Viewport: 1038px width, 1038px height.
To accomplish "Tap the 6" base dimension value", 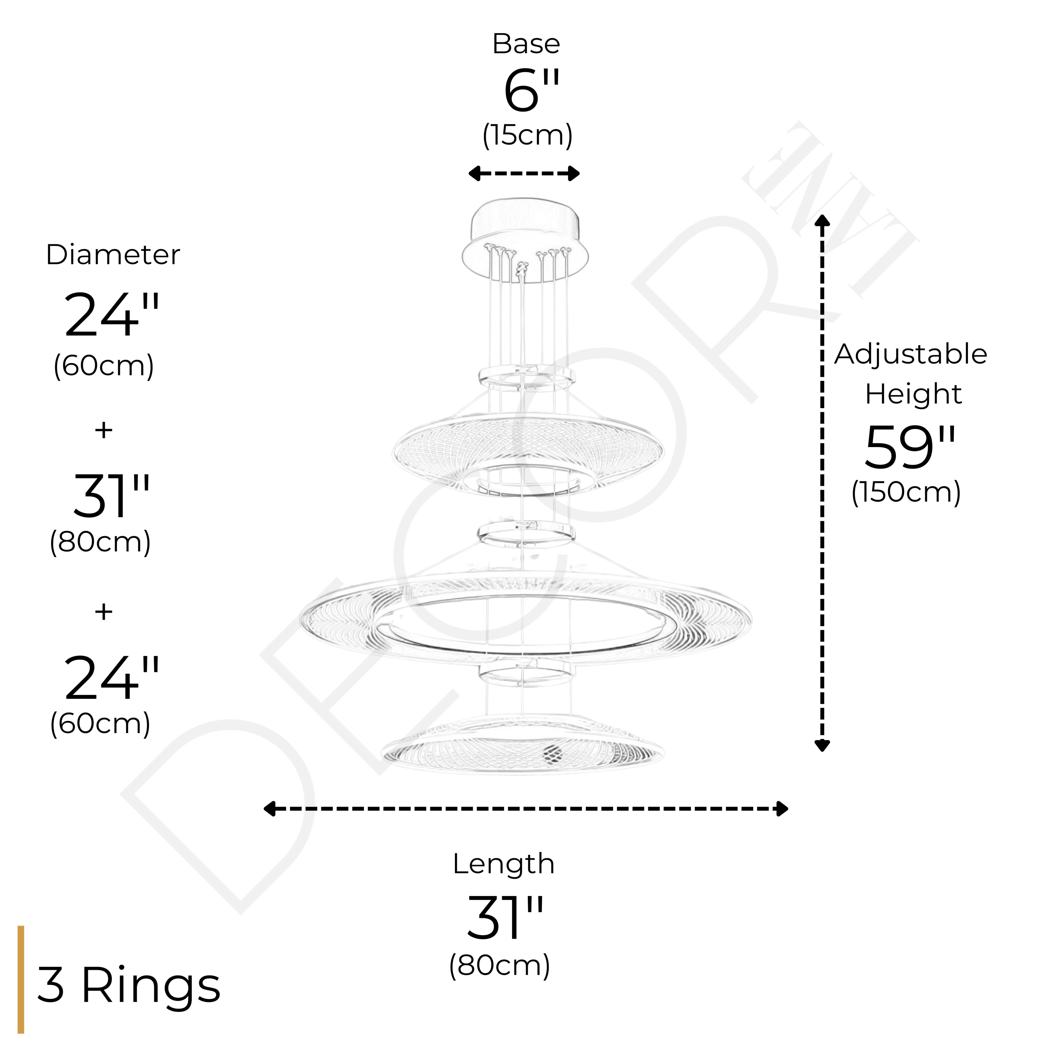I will (x=531, y=91).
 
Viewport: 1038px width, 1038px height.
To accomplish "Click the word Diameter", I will (x=113, y=255).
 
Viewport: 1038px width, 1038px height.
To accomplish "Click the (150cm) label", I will (x=906, y=492).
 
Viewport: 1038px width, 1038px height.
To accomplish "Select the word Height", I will (x=913, y=394).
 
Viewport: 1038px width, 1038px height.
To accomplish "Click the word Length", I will (x=503, y=864).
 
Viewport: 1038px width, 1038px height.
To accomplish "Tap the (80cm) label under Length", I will (x=499, y=966).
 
